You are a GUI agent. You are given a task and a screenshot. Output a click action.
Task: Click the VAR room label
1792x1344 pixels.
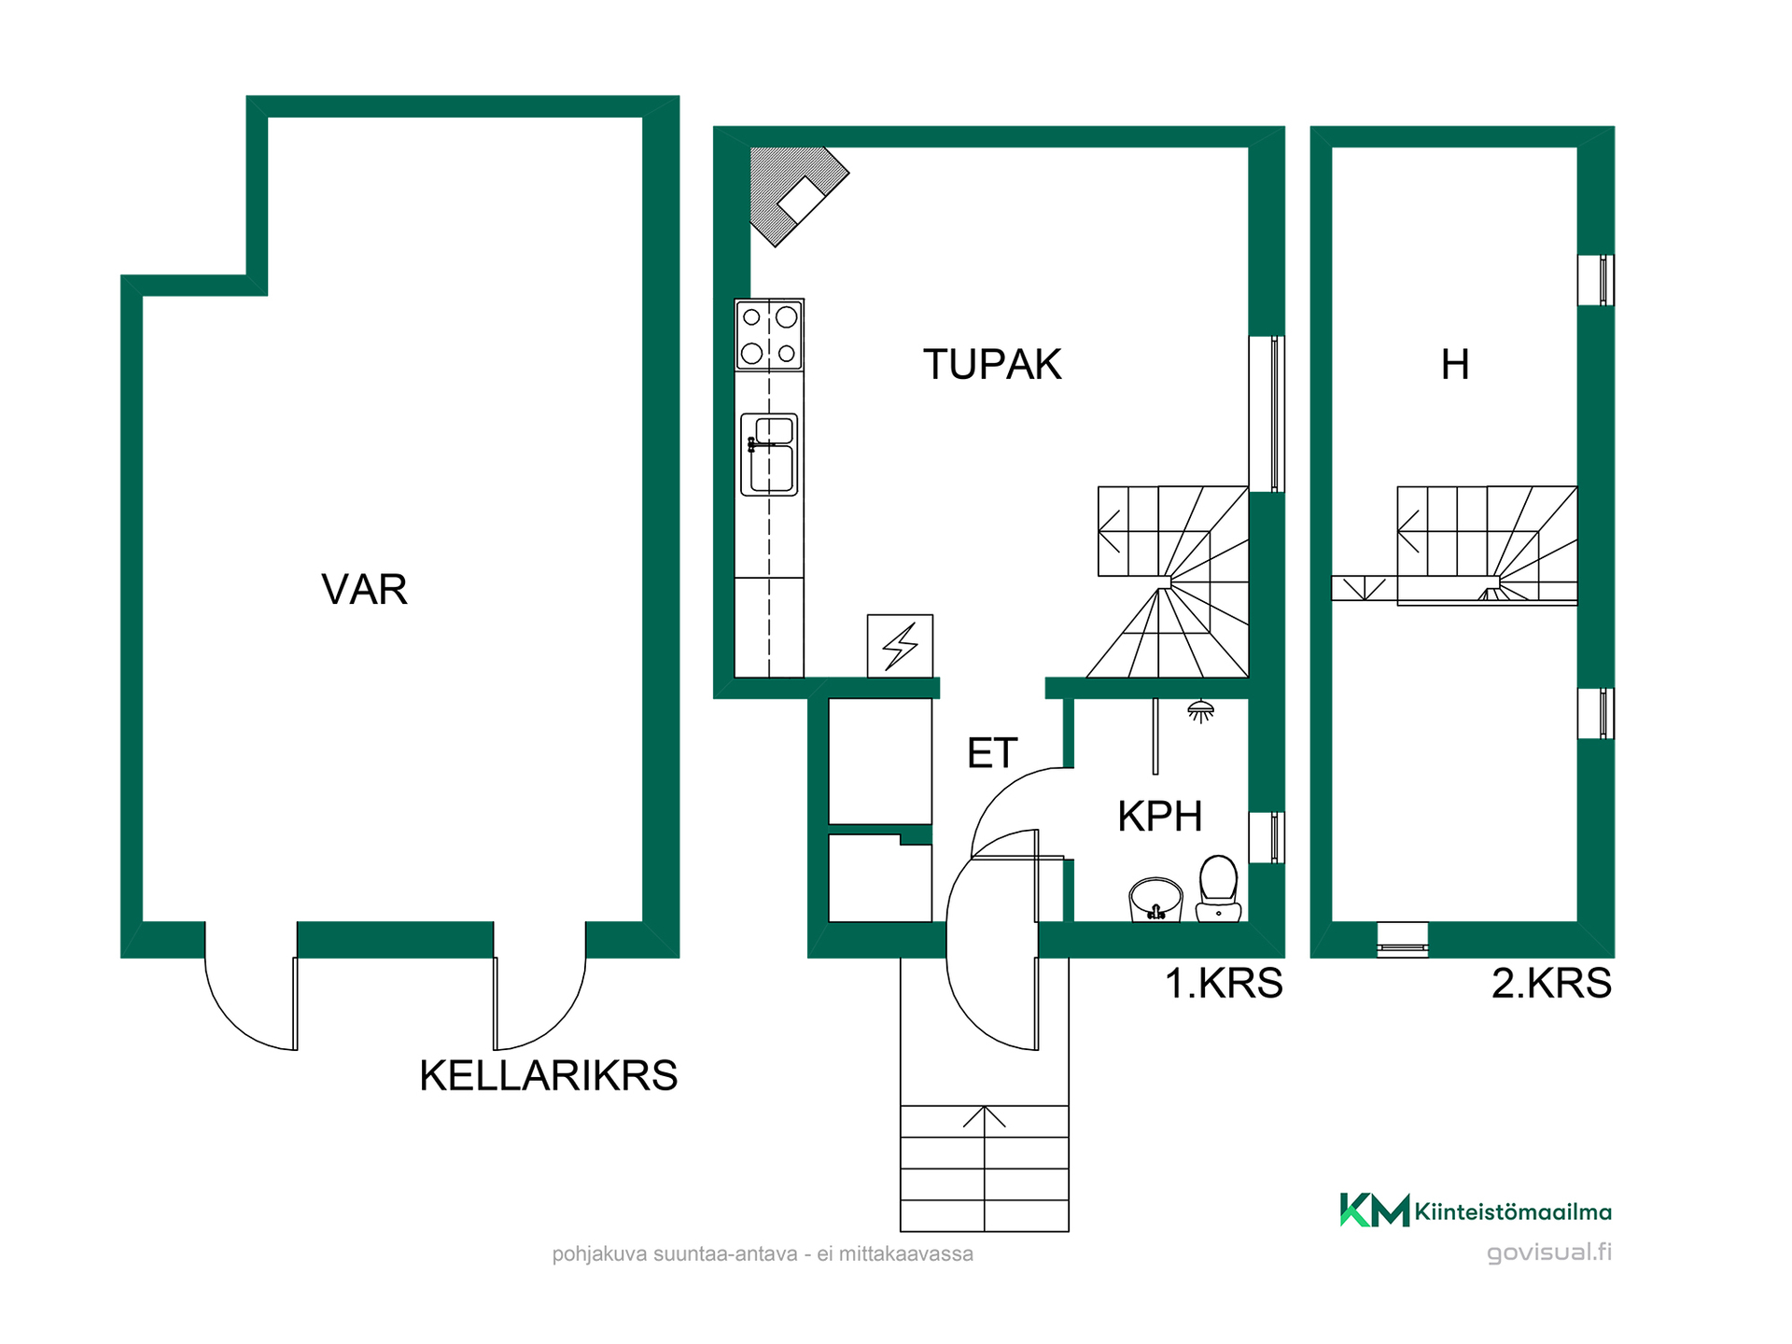click(x=364, y=590)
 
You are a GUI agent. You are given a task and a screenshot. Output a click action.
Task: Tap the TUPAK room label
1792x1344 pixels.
click(x=992, y=365)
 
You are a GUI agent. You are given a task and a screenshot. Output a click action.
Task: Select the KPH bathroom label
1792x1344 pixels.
click(x=1160, y=817)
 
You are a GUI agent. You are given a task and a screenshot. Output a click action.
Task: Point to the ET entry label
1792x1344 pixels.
click(x=992, y=753)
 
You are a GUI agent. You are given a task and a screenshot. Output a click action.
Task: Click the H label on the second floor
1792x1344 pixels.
click(x=1455, y=365)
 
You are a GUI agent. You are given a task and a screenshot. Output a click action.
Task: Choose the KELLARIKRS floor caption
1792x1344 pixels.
click(x=549, y=1076)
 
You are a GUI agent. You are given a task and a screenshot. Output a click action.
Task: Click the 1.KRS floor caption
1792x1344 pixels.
click(x=1224, y=984)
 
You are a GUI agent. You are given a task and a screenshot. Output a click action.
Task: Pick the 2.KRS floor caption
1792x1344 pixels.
click(x=1551, y=984)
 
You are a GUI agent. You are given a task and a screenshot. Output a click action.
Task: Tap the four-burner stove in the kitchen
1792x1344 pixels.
click(x=769, y=335)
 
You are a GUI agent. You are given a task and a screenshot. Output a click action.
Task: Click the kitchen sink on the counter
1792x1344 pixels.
click(x=769, y=455)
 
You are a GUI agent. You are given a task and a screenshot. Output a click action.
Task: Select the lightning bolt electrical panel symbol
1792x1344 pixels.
click(x=900, y=646)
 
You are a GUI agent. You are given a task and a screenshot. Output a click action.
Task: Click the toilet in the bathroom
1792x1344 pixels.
click(x=1218, y=889)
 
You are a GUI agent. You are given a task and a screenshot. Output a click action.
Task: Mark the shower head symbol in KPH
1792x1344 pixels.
click(x=1200, y=712)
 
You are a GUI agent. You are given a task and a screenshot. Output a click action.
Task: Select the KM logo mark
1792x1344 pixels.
click(x=1374, y=1211)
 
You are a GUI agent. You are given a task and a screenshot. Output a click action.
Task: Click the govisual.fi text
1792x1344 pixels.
click(x=1549, y=1253)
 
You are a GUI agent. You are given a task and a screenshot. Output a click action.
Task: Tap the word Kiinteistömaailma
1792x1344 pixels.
click(x=1513, y=1211)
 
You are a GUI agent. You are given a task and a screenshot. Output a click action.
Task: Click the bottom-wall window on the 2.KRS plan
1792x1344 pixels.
click(x=1403, y=940)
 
